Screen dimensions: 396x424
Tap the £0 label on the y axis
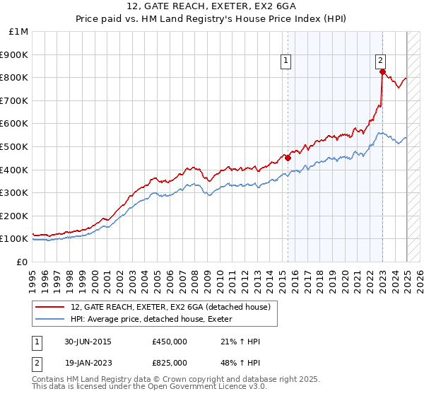23,262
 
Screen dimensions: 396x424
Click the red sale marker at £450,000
288,158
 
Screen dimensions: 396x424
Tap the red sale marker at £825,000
382,71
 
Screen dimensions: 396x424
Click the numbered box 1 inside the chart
286,62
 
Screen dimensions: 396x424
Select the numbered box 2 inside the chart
380,62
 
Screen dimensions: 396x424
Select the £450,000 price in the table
170,342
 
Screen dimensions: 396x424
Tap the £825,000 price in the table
170,362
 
